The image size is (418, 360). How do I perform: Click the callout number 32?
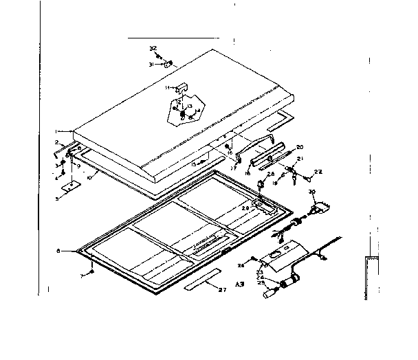coord(152,48)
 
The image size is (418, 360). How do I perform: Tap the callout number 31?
coord(150,64)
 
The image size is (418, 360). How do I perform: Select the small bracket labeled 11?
coord(183,87)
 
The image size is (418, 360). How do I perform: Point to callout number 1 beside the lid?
coord(56,131)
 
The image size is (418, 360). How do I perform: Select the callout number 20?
coord(300,147)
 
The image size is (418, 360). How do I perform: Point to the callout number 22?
coord(318,172)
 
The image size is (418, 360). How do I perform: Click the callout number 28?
coord(271,175)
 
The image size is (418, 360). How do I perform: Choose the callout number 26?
coord(241,264)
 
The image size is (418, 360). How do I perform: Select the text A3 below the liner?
coord(240,284)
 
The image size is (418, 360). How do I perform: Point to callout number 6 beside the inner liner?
coord(62,251)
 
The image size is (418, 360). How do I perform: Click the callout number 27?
coord(221,291)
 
